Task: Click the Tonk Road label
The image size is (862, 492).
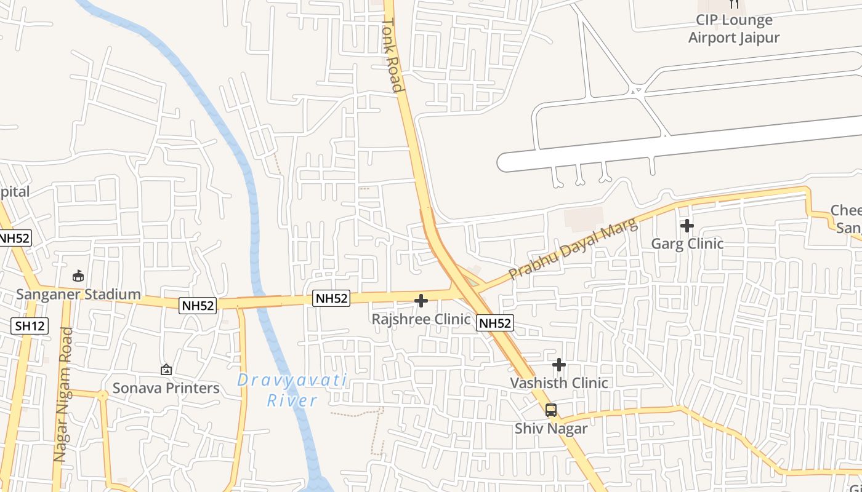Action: pyautogui.click(x=392, y=55)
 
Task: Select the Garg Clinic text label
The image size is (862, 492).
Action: pyautogui.click(x=687, y=244)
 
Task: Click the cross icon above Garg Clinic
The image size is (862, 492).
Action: pyautogui.click(x=687, y=226)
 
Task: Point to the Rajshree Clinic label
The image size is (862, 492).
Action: pyautogui.click(x=421, y=319)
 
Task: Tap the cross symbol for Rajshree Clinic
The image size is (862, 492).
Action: pyautogui.click(x=421, y=301)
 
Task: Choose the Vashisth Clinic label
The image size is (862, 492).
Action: pyautogui.click(x=559, y=383)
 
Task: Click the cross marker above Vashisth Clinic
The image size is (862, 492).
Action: pyautogui.click(x=559, y=365)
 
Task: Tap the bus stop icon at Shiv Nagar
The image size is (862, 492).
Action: pyautogui.click(x=551, y=410)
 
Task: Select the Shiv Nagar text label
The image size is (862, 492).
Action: pyautogui.click(x=551, y=428)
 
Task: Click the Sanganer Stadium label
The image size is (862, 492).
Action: pyautogui.click(x=78, y=294)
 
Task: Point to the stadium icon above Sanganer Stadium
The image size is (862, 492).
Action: pyautogui.click(x=78, y=276)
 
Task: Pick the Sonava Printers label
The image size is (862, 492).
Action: pyautogui.click(x=166, y=388)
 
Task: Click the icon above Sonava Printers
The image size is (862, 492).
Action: pyautogui.click(x=166, y=370)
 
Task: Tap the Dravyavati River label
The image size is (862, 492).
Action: pyautogui.click(x=292, y=391)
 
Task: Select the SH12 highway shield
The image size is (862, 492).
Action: pyautogui.click(x=30, y=325)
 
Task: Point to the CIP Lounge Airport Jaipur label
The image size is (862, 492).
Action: pyautogui.click(x=734, y=29)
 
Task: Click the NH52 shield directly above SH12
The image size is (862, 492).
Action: pyautogui.click(x=14, y=238)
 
